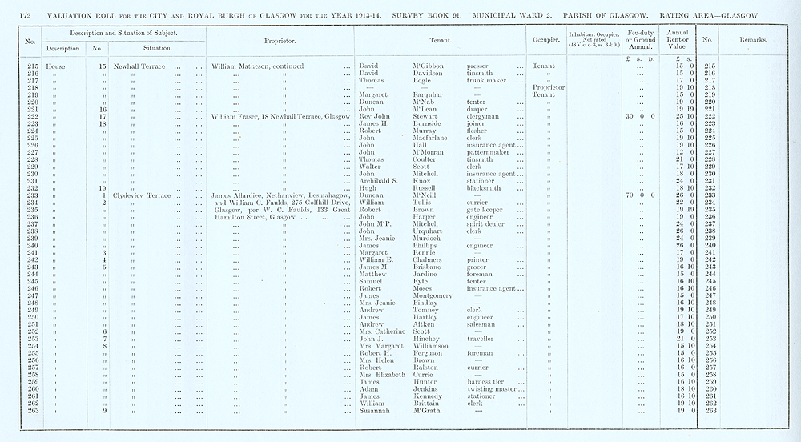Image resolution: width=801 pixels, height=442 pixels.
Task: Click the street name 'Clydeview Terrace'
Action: click(x=143, y=195)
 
